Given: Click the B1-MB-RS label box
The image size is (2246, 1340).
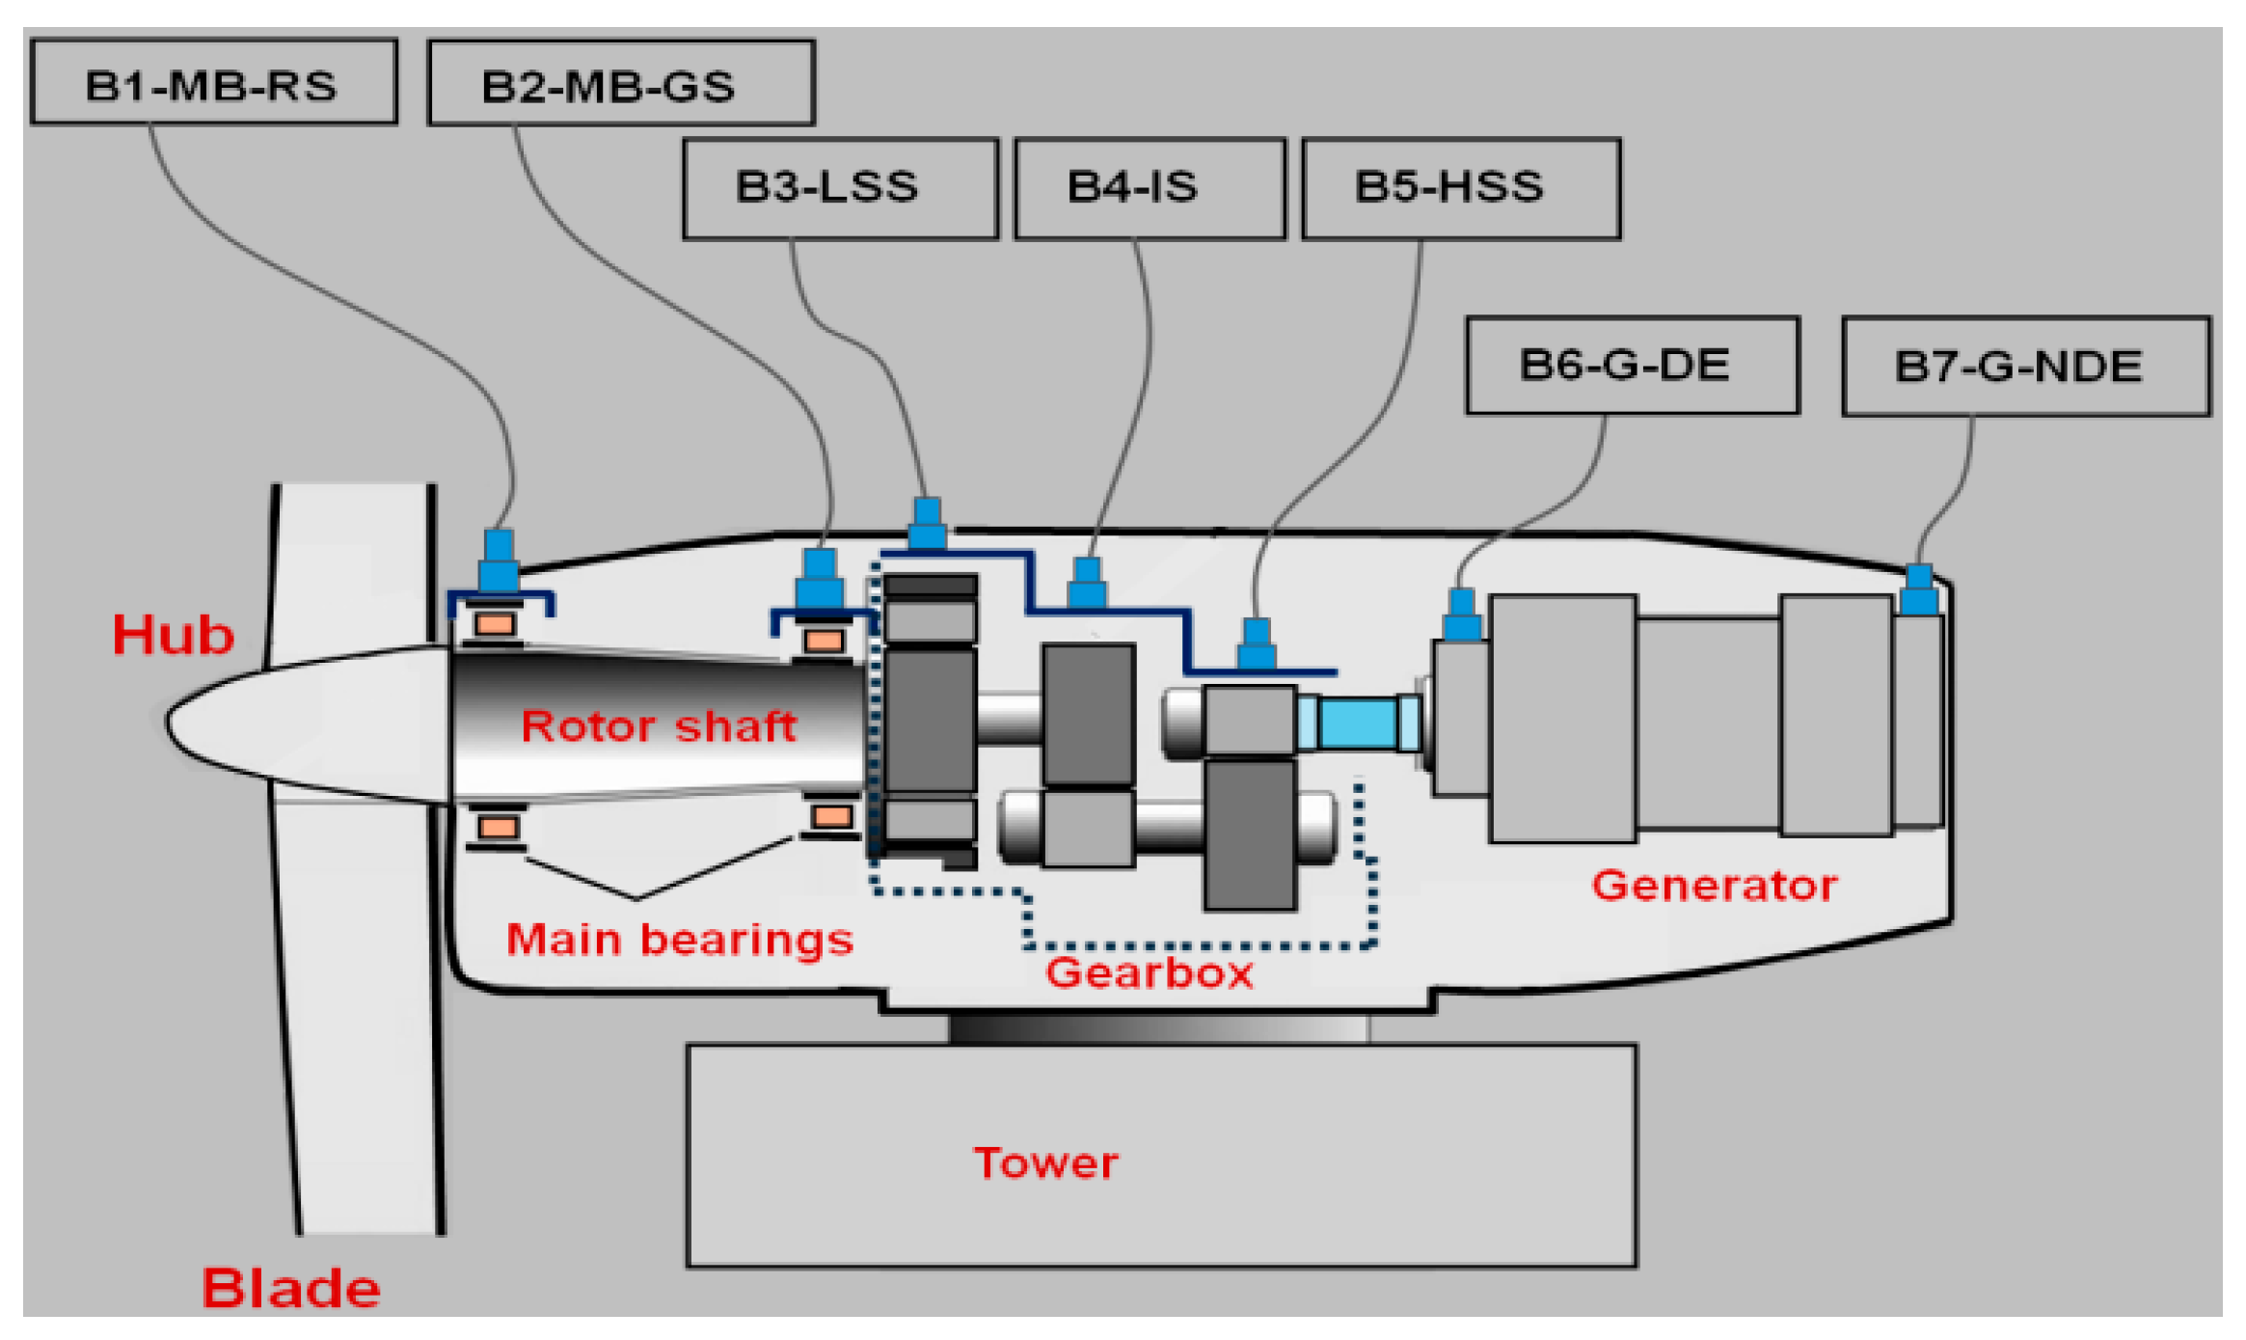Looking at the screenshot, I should [213, 82].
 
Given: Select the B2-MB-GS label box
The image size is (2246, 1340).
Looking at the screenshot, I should [621, 84].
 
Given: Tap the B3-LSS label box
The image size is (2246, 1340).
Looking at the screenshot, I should [840, 188].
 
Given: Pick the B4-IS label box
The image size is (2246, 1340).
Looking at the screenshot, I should [1150, 188].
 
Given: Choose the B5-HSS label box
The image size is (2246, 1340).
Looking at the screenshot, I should [1460, 188].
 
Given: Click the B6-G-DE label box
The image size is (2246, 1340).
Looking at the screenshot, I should [1632, 366].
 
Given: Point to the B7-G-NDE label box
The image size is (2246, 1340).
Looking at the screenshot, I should [2025, 367].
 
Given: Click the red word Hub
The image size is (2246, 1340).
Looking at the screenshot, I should [174, 635].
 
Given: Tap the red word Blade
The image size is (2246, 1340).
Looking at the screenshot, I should [290, 1287].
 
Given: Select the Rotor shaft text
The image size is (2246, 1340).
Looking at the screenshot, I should [659, 725].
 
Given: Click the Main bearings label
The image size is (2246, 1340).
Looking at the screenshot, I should [680, 939].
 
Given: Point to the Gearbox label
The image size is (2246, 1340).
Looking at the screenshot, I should [1150, 972].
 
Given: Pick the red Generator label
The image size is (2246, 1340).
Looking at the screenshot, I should [1714, 885].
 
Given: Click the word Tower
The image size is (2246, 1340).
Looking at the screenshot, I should [1046, 1162].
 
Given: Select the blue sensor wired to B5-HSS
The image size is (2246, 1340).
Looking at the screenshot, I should [1256, 643].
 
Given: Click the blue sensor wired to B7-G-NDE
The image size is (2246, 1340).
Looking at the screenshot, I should [1918, 589].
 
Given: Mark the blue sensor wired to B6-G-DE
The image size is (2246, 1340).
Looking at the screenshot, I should [1462, 615].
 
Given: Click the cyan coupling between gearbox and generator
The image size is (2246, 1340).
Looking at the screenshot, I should [1358, 723].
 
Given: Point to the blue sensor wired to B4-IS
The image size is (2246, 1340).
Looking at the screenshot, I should [1087, 582].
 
